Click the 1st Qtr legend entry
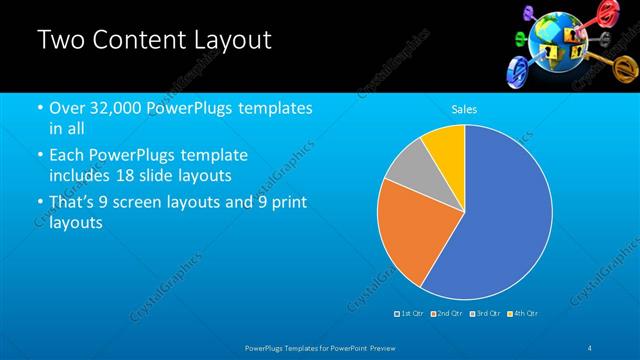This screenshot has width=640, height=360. coord(409,314)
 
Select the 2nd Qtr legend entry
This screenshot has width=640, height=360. coord(446,314)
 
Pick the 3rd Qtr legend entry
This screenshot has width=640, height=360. coord(484,314)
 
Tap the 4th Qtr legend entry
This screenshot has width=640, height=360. coord(522,314)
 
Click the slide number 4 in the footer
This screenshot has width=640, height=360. coord(590,346)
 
